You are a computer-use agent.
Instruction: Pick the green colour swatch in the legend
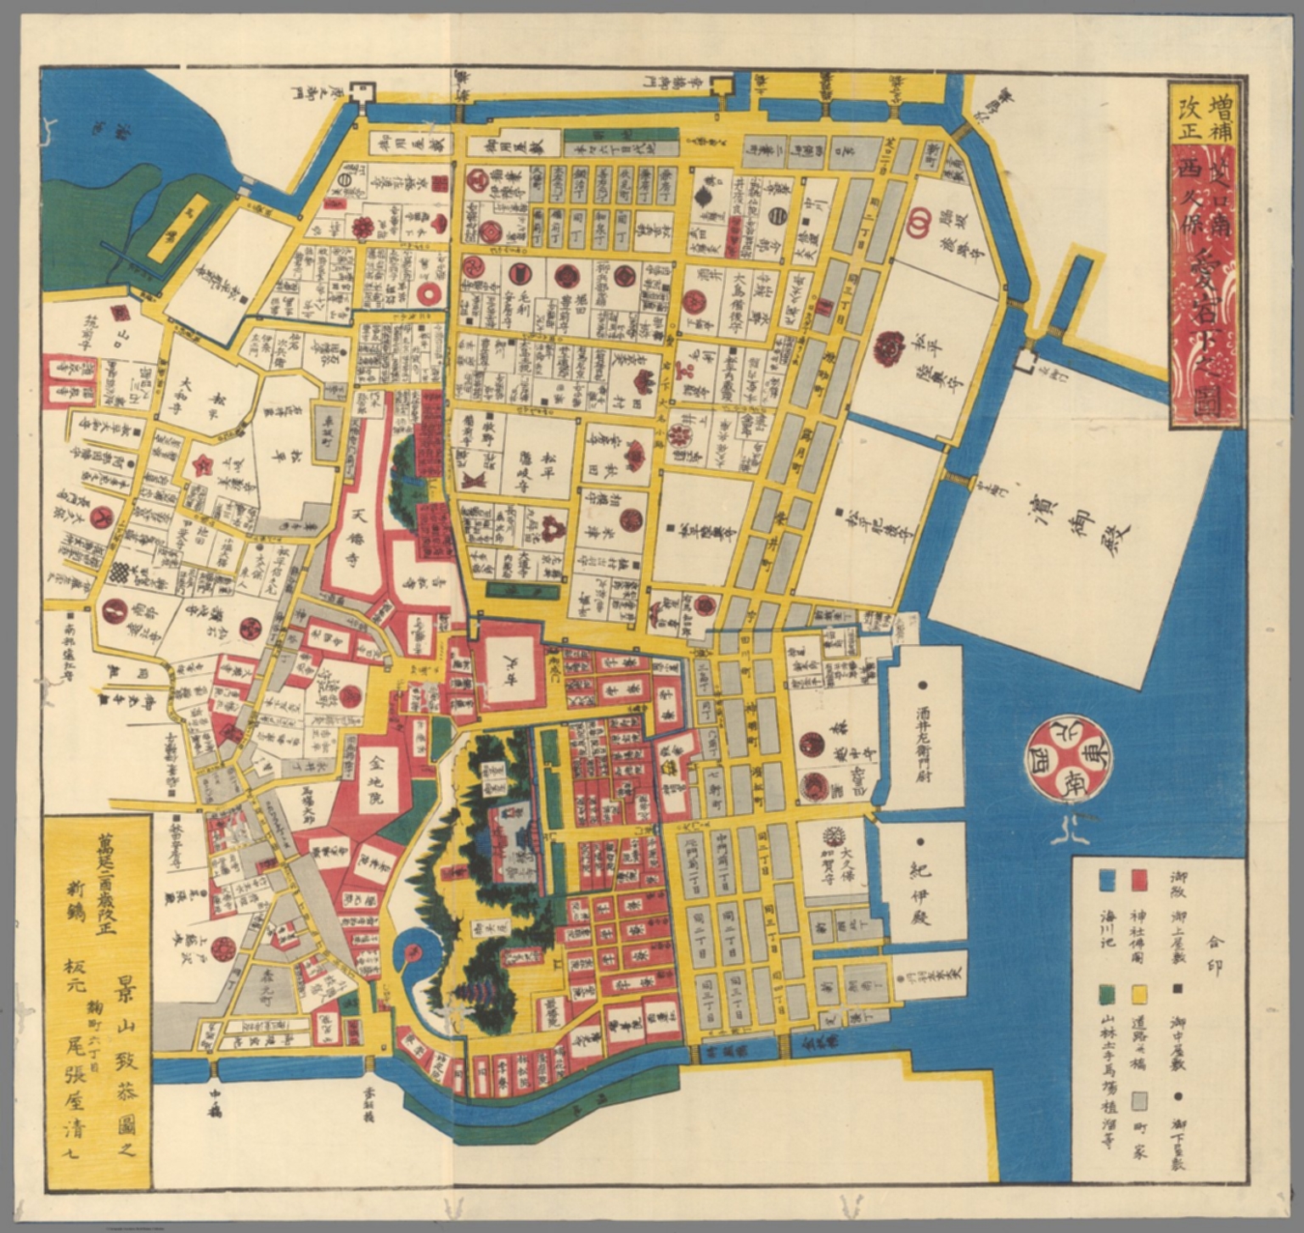[1105, 994]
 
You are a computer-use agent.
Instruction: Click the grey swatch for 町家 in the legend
[1139, 1101]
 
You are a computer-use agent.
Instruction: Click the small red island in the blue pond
[411, 950]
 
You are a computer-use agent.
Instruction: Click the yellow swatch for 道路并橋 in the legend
[1139, 994]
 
